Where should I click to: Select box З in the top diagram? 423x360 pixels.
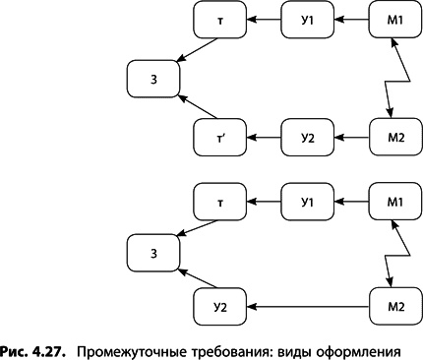click(x=153, y=78)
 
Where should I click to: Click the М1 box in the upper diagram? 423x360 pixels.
click(x=396, y=19)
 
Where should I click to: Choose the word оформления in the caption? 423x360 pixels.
click(x=379, y=349)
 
